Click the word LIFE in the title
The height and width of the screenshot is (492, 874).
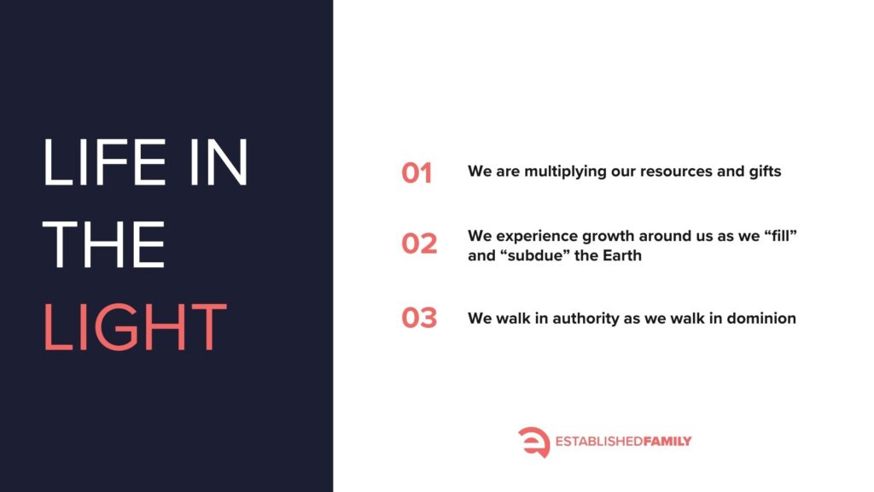(104, 161)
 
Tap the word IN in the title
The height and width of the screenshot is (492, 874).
(218, 161)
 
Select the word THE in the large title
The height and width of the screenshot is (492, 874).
(103, 244)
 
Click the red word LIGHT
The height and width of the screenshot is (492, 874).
(135, 327)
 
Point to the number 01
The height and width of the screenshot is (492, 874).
(417, 173)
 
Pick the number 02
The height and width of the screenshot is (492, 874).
(419, 243)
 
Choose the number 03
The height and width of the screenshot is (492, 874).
(419, 318)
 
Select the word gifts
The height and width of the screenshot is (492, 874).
(765, 171)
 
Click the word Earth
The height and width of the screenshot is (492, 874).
(622, 255)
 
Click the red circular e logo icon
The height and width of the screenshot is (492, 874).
(534, 442)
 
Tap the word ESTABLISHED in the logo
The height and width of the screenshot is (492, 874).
(599, 442)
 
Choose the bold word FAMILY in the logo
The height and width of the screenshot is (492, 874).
(667, 442)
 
